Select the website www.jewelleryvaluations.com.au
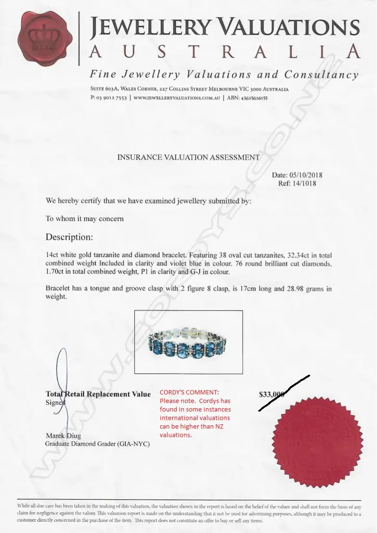177,97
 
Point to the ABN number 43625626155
253,97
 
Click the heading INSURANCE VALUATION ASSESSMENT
188,157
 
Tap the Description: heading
69,237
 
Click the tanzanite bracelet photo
188,342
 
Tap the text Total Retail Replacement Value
98,394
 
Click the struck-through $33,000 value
272,395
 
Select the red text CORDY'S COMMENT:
189,392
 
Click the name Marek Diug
63,436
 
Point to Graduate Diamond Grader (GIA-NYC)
98,444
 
